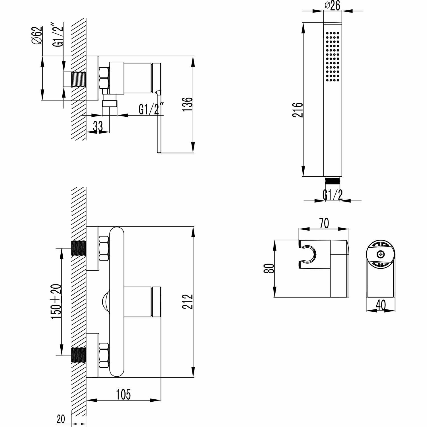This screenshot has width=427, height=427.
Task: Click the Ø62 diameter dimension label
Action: tap(37, 35)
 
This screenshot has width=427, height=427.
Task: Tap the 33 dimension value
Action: tap(98, 126)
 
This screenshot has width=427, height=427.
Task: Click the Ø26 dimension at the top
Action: tap(332, 5)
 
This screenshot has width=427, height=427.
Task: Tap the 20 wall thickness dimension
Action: tap(61, 419)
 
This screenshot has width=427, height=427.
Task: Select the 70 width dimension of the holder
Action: tap(324, 223)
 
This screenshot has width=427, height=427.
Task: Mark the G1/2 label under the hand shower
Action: tap(332, 195)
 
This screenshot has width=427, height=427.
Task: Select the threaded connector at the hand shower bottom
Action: tap(332, 180)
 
